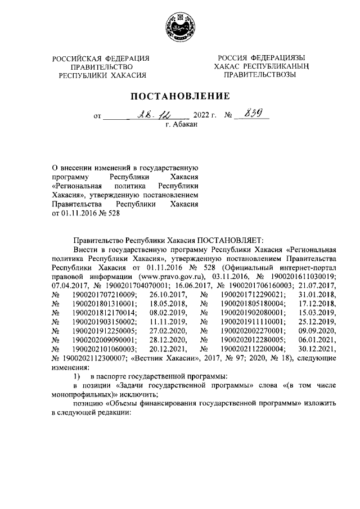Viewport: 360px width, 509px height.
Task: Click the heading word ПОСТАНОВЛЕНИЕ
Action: click(180, 96)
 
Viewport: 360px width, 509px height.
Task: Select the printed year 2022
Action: click(201, 117)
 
